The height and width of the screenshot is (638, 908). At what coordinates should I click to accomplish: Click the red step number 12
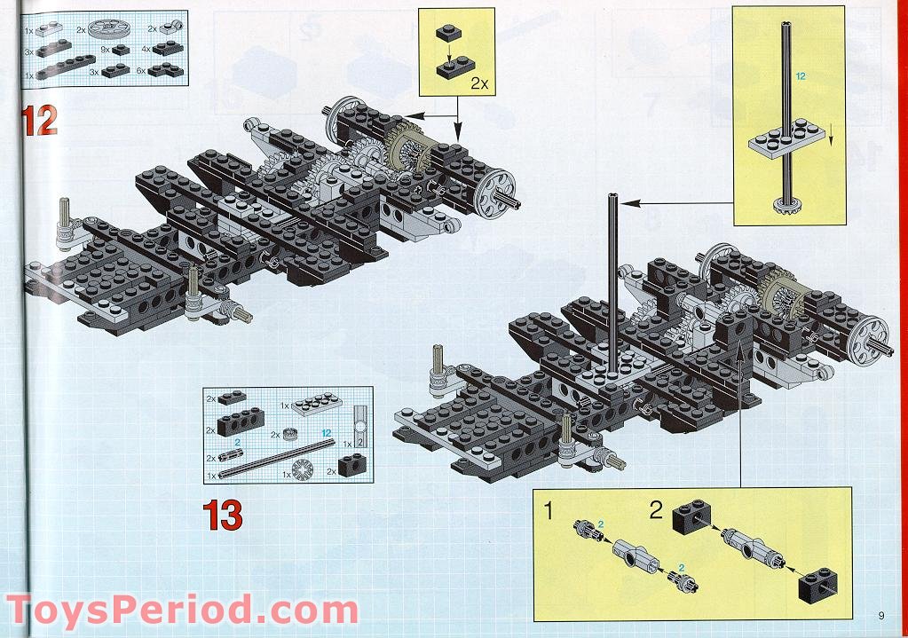40,120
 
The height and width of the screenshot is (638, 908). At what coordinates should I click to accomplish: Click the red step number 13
222,515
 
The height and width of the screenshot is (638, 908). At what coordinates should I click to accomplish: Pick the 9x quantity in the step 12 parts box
106,51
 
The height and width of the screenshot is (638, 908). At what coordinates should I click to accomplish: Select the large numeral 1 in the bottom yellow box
549,511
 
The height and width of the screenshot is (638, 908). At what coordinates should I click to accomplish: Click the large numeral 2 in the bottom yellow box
655,510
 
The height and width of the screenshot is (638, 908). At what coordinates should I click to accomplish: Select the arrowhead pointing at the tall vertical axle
625,203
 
